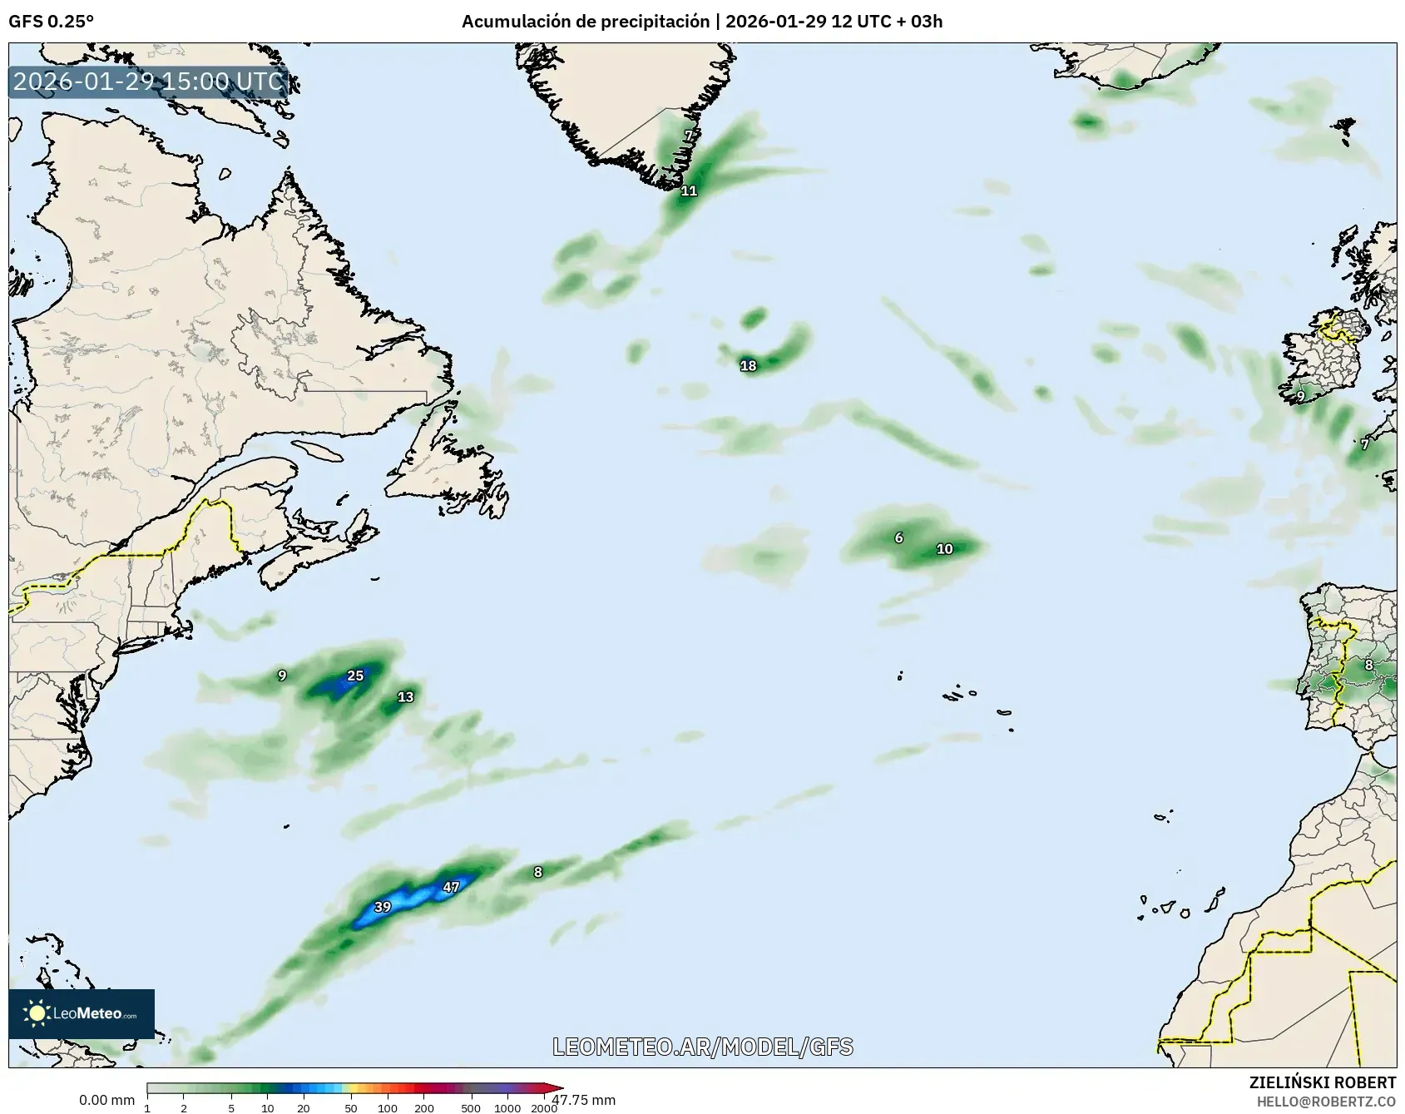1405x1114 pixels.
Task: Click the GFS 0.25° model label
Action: coord(51,22)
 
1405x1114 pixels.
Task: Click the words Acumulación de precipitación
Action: coord(585,22)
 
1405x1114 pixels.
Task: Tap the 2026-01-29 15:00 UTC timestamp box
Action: coord(148,82)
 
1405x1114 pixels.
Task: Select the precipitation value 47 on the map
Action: coord(451,887)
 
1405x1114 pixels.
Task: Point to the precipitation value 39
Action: coord(383,907)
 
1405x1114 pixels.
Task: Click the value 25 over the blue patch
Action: coord(355,676)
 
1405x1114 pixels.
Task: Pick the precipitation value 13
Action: coord(405,697)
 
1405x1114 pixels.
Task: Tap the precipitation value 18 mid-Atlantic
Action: coord(748,365)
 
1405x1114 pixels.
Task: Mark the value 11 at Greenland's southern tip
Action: coord(689,191)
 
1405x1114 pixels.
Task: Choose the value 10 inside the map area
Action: coord(944,549)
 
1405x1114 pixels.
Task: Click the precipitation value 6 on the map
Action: coord(898,538)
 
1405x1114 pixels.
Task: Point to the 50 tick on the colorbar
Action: coord(351,1107)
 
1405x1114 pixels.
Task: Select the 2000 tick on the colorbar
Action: coord(544,1107)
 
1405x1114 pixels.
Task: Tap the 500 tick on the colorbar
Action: coord(471,1107)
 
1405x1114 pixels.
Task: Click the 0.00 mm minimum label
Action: coord(106,1101)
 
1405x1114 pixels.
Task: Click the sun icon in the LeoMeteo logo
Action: coord(37,1013)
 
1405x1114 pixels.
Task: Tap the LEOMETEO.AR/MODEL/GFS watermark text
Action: coord(703,1047)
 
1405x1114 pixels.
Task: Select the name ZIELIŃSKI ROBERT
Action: coord(1323,1082)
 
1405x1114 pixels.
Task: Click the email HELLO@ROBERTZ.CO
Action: coord(1326,1102)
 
